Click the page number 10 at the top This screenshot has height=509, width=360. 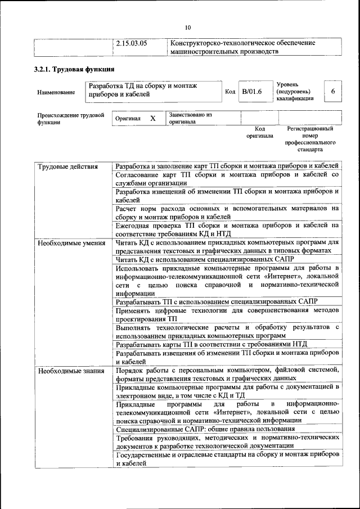tap(188, 26)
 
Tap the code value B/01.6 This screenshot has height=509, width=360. tap(252, 91)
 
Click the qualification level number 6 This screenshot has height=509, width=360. tap(333, 91)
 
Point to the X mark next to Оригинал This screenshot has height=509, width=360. tap(152, 119)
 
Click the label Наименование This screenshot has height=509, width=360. tap(56, 92)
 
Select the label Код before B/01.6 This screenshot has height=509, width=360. tap(230, 91)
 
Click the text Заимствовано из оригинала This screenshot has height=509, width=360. tap(190, 118)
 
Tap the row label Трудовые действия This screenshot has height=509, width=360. tap(67, 166)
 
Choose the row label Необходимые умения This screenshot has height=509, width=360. tap(71, 243)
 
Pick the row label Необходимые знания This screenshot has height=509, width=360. tap(70, 371)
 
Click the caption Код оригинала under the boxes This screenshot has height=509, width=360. tap(259, 132)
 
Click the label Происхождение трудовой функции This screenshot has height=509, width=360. tap(69, 119)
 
